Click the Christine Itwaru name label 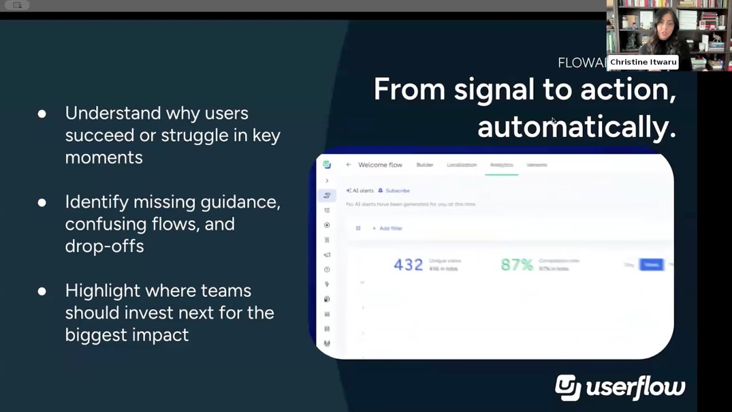pos(643,62)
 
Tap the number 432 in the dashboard pos(408,264)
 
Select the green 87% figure pos(516,264)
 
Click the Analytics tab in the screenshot pos(502,165)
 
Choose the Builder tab pos(425,165)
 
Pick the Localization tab pos(462,165)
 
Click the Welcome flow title pos(380,165)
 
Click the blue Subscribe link pos(397,191)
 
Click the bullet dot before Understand pos(42,113)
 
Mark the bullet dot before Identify pos(42,202)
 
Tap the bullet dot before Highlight pos(42,291)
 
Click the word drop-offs pos(104,246)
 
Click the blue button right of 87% pos(651,264)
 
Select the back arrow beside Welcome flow pos(348,165)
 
